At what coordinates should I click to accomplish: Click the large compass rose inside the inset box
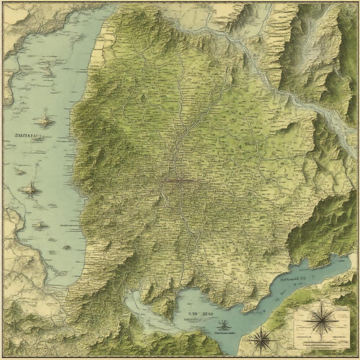(x=320, y=319)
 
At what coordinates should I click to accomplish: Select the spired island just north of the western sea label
(x=45, y=119)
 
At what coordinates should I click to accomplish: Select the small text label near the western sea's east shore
(x=69, y=224)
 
